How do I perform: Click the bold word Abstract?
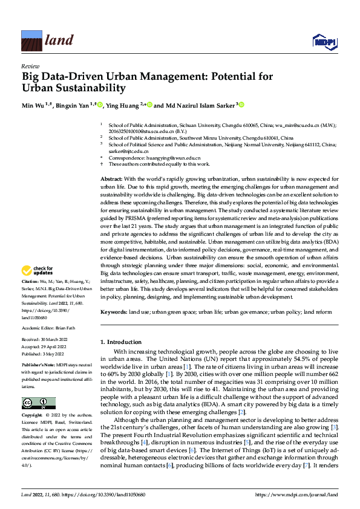[x=111, y=180]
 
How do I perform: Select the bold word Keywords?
[x=114, y=311]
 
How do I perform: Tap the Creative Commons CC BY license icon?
[x=38, y=403]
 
